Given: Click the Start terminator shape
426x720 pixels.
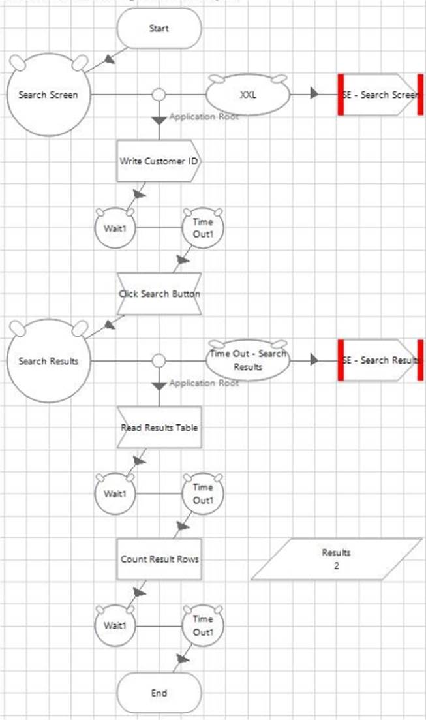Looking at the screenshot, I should click(159, 29).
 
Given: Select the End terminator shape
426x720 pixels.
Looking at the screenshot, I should click(159, 693).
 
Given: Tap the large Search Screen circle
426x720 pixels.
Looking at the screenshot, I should click(48, 95).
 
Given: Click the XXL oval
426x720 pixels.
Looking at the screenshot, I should click(249, 95).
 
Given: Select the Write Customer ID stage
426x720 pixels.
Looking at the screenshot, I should click(159, 161).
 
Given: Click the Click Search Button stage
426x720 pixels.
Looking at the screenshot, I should click(159, 294).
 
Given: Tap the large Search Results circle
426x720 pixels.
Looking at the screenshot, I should click(48, 361).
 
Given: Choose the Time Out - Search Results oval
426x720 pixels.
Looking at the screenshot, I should click(249, 360).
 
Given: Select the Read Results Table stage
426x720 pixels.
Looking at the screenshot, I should click(159, 428).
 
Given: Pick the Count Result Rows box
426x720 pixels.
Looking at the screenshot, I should click(159, 559).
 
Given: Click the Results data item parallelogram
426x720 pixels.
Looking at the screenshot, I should click(337, 559).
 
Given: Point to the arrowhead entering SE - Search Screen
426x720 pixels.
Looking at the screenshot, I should click(315, 95).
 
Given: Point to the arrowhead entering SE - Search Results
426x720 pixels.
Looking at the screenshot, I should click(315, 360).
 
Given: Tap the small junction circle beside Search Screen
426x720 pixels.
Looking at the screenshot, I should click(159, 95).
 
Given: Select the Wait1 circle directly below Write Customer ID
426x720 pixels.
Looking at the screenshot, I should click(115, 228).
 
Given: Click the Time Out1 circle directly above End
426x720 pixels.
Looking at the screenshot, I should click(203, 626).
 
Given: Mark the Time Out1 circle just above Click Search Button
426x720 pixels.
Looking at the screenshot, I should click(203, 228).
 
